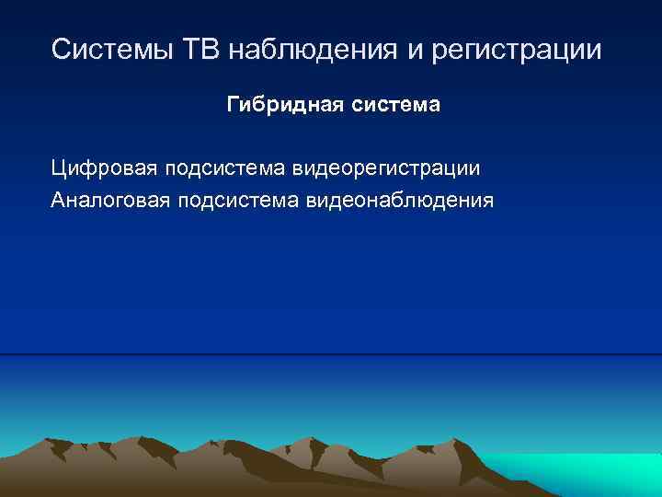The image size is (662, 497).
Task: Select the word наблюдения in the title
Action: tap(308, 49)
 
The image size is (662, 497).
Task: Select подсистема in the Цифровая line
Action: tap(225, 168)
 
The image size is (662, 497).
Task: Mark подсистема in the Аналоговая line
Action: tap(240, 200)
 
